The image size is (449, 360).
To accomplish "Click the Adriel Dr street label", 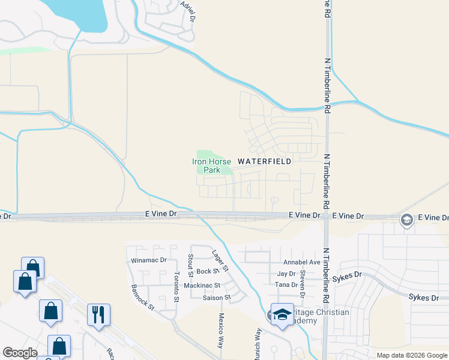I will coord(188,10).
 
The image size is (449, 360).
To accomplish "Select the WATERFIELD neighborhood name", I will coord(265,161).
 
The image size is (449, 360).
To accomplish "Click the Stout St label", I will coord(190,262).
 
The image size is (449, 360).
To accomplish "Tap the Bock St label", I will coord(206,272).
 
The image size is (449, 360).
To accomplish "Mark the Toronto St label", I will coord(176,287).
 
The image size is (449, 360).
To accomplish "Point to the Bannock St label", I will coord(143,297).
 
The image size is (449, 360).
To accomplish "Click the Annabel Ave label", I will coord(301,262).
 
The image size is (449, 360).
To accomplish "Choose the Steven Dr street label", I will coord(303,280).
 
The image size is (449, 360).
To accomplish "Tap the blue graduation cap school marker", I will coord(281,314).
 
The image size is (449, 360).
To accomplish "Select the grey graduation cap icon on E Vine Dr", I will coord(406,220).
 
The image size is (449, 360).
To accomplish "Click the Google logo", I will coord(20,353).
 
